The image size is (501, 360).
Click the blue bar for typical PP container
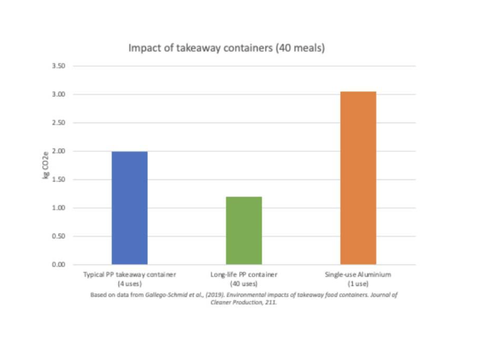(130, 208)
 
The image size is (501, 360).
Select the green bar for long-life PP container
(244, 230)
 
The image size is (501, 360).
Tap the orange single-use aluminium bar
(358, 178)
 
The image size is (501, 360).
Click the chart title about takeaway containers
(227, 48)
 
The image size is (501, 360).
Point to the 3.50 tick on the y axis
(59, 66)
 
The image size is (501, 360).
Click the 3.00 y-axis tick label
(59, 95)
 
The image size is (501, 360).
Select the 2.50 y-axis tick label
(59, 123)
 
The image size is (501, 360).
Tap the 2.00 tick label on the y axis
(59, 151)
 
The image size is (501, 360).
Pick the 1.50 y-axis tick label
(59, 179)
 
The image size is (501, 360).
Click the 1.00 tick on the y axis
(59, 208)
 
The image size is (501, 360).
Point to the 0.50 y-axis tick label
(59, 236)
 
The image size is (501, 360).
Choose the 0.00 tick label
(59, 264)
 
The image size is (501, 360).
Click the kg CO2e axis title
(46, 165)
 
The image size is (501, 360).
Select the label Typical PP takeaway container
(130, 275)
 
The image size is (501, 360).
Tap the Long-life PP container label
(244, 275)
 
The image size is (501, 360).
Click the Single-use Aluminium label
(358, 275)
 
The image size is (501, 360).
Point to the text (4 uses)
(130, 283)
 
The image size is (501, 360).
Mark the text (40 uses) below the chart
(244, 283)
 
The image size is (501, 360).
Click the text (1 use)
(358, 283)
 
